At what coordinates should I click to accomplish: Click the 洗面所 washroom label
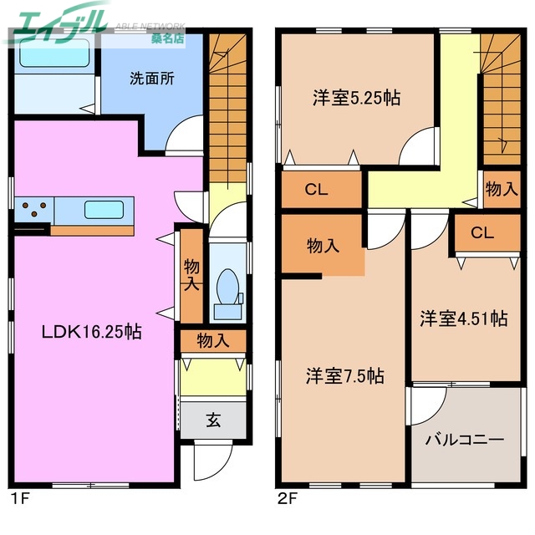[151, 79]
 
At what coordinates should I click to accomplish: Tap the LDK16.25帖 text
[92, 332]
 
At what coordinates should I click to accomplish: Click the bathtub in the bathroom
[55, 55]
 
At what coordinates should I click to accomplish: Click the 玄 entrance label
[213, 420]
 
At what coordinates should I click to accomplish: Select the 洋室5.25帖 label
[357, 98]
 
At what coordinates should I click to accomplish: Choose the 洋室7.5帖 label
[344, 376]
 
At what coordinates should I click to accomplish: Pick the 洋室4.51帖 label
[463, 318]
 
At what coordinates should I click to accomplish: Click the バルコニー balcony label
[465, 438]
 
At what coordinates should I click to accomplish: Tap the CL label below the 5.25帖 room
[316, 190]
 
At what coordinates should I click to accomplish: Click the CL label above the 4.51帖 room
[482, 233]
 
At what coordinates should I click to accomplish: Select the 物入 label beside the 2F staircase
[501, 190]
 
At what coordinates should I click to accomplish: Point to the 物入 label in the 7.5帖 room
[323, 246]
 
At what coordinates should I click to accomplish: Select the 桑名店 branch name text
[167, 38]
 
